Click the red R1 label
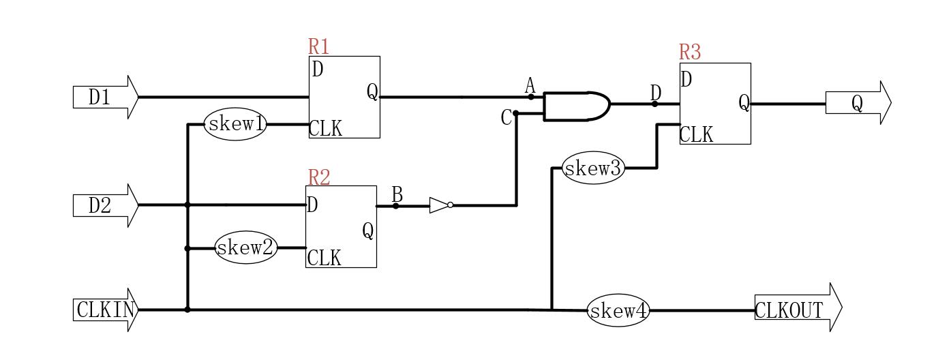pyautogui.click(x=318, y=46)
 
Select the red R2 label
pyautogui.click(x=319, y=177)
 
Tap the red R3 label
pyautogui.click(x=689, y=52)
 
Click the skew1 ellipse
pyautogui.click(x=235, y=125)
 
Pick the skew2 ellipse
pyautogui.click(x=245, y=248)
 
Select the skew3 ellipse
pyautogui.click(x=593, y=168)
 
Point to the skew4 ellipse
pyautogui.click(x=618, y=311)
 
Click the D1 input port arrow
pyautogui.click(x=106, y=97)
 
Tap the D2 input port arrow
pyautogui.click(x=106, y=205)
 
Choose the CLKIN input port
pyautogui.click(x=106, y=310)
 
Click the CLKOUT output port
pyautogui.click(x=797, y=310)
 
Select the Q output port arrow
pyautogui.click(x=858, y=104)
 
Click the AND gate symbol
pyautogui.click(x=575, y=106)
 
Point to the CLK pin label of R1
pyautogui.click(x=326, y=128)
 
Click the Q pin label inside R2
pyautogui.click(x=367, y=232)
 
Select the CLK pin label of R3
pyautogui.click(x=696, y=135)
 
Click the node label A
pyautogui.click(x=530, y=86)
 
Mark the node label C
pyautogui.click(x=506, y=118)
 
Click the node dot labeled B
pyautogui.click(x=396, y=205)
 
